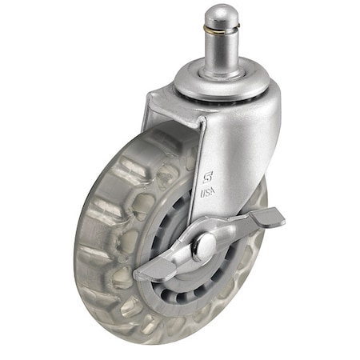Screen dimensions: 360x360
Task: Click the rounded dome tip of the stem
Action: tap(222, 14)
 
